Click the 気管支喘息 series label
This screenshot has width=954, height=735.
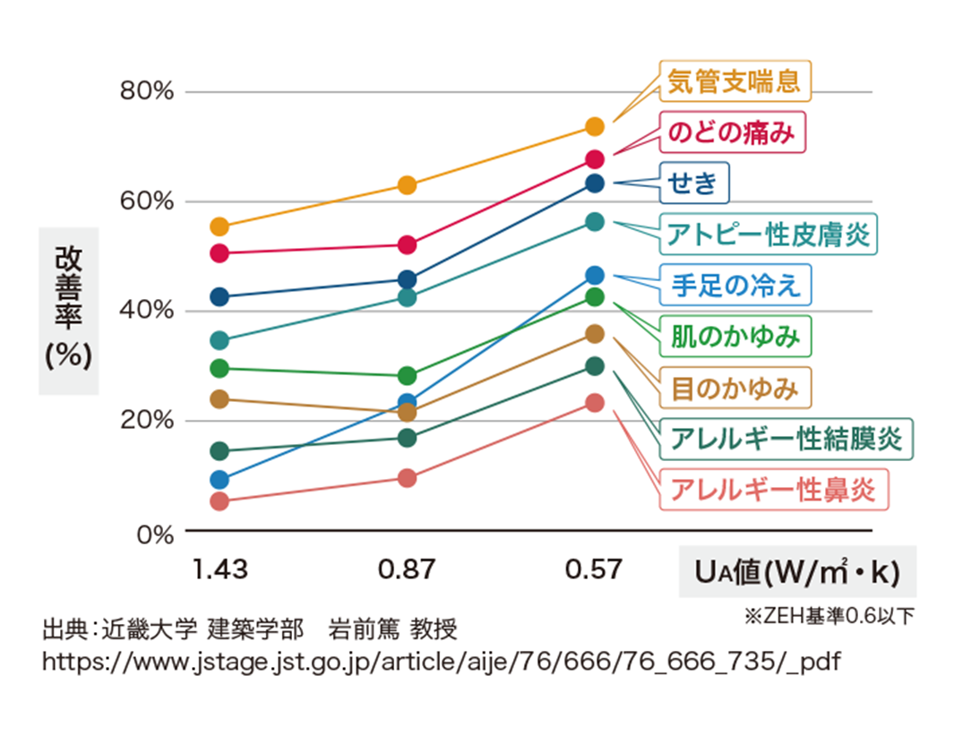(x=735, y=81)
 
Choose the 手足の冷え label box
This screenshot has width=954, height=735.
(x=735, y=286)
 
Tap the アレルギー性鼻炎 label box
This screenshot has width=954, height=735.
(x=773, y=490)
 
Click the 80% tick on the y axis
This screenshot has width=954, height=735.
(x=145, y=91)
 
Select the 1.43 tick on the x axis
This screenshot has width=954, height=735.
(x=219, y=569)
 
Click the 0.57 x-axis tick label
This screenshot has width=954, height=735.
(x=593, y=569)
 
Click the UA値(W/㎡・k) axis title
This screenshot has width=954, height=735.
(x=796, y=571)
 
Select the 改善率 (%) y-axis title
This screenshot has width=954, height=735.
(x=68, y=307)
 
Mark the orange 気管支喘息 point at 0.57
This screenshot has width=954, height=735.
(x=595, y=126)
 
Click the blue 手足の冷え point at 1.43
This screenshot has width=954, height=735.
(x=219, y=480)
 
